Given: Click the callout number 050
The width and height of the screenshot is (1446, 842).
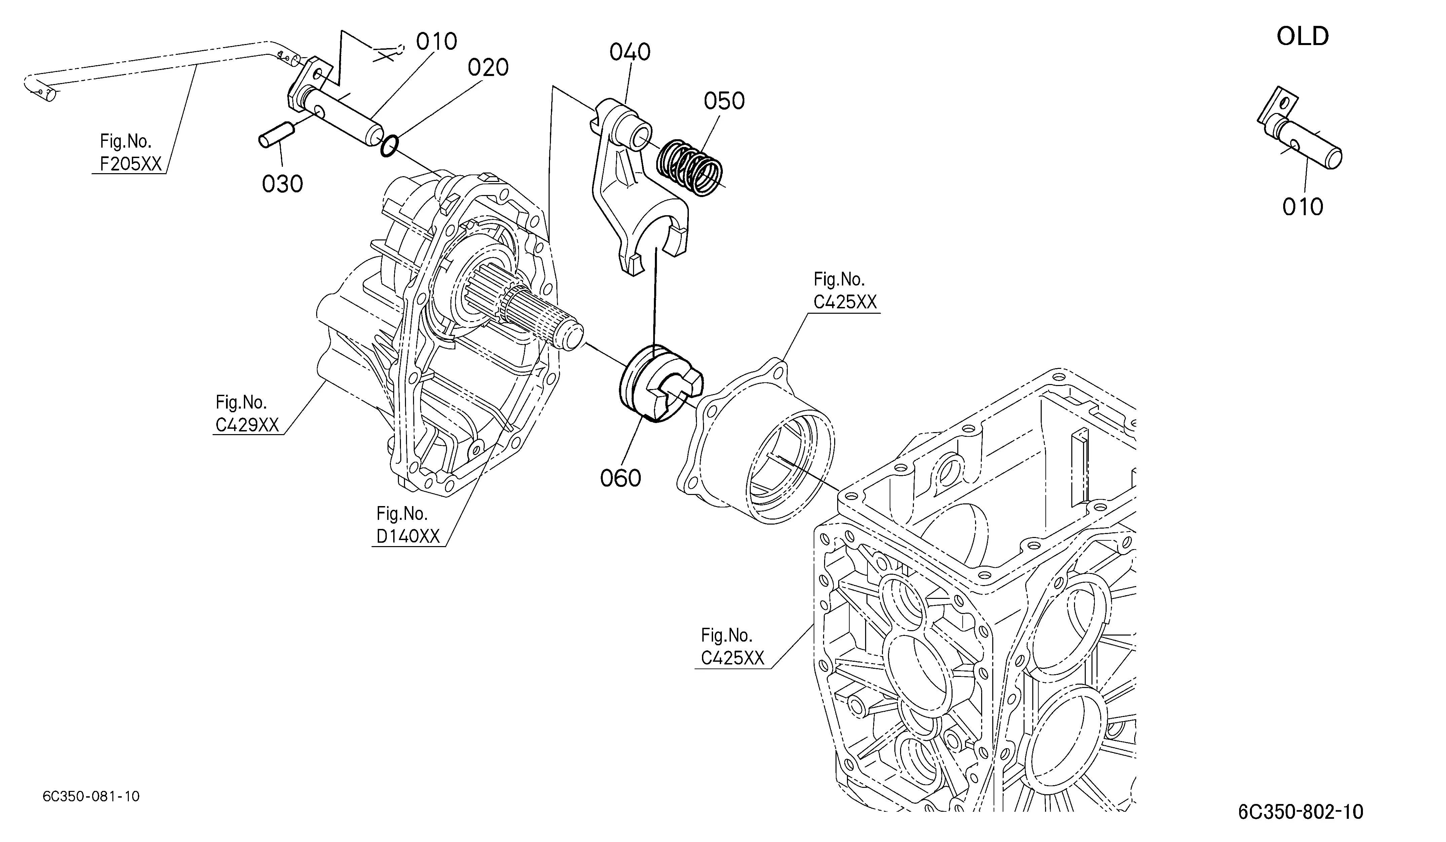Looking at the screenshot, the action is [x=724, y=101].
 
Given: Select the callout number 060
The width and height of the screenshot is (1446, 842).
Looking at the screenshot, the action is [x=620, y=478].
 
